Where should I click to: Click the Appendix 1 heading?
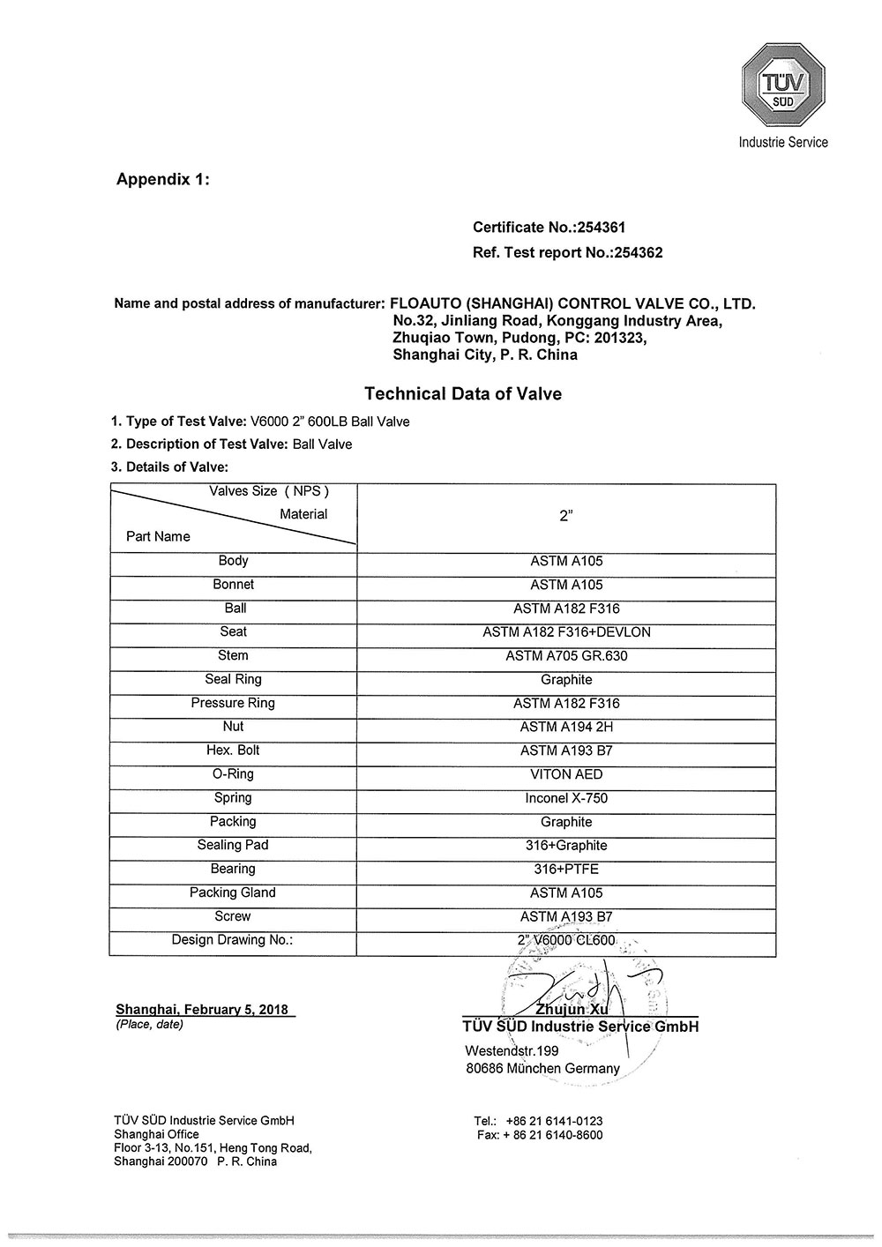click(x=163, y=179)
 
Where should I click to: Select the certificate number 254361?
click(x=601, y=228)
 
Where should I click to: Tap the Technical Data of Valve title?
click(x=463, y=394)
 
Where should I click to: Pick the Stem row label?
click(x=233, y=655)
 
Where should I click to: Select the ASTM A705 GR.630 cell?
click(x=566, y=656)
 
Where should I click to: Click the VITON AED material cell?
click(x=566, y=774)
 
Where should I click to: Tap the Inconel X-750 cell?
click(x=566, y=798)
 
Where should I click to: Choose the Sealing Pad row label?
click(x=233, y=845)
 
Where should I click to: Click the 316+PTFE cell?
click(x=566, y=869)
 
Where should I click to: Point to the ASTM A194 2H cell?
click(x=566, y=727)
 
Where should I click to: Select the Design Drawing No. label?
click(x=232, y=940)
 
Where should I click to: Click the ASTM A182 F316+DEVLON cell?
click(x=566, y=632)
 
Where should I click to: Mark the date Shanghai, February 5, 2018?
click(x=202, y=1010)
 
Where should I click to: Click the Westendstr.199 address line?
click(x=512, y=1051)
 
